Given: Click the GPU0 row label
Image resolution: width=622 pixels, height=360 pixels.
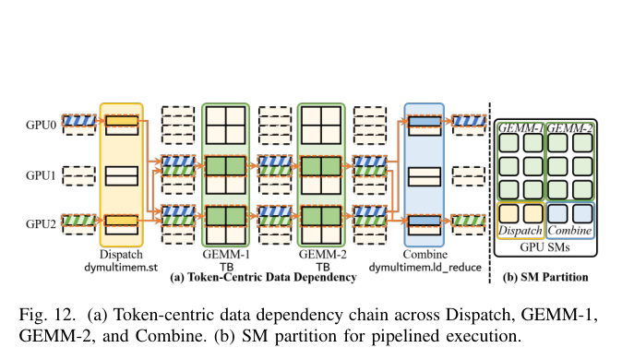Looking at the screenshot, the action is (41, 125).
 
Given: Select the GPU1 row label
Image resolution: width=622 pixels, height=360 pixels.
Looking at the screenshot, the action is (41, 175).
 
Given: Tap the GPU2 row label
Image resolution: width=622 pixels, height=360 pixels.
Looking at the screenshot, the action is (41, 224).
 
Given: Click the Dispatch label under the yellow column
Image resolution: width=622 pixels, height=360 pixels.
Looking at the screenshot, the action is (121, 254).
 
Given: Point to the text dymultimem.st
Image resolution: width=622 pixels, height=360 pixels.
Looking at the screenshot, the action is (121, 267).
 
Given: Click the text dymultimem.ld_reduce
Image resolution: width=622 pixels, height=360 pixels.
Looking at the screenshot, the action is (425, 267).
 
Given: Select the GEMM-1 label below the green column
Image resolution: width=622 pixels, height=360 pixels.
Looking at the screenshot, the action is (226, 254).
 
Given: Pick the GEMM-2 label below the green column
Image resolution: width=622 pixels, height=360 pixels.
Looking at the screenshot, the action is (322, 254).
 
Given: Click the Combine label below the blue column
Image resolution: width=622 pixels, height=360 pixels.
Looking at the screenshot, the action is (425, 254).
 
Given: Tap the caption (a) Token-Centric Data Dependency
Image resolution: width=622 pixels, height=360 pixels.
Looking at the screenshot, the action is (263, 277).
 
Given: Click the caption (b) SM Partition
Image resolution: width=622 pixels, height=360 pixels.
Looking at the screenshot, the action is (545, 277).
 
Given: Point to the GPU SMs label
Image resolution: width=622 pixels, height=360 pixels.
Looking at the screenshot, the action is (544, 247).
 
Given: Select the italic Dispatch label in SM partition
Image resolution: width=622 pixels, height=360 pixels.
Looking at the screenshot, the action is (520, 231).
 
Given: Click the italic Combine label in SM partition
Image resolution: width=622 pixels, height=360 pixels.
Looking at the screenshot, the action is (569, 231).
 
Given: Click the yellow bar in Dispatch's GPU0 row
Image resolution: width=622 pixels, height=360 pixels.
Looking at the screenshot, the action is (122, 121).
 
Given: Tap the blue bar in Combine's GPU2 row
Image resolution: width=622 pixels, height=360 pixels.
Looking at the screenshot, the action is (425, 221).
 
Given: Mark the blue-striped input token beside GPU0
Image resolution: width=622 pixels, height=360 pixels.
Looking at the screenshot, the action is (79, 120).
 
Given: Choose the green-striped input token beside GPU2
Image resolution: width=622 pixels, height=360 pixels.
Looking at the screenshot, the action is (79, 220).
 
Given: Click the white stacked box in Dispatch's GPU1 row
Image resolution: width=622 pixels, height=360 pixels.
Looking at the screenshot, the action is (122, 176).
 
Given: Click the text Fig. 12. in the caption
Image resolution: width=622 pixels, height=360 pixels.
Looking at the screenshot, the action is (47, 315).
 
